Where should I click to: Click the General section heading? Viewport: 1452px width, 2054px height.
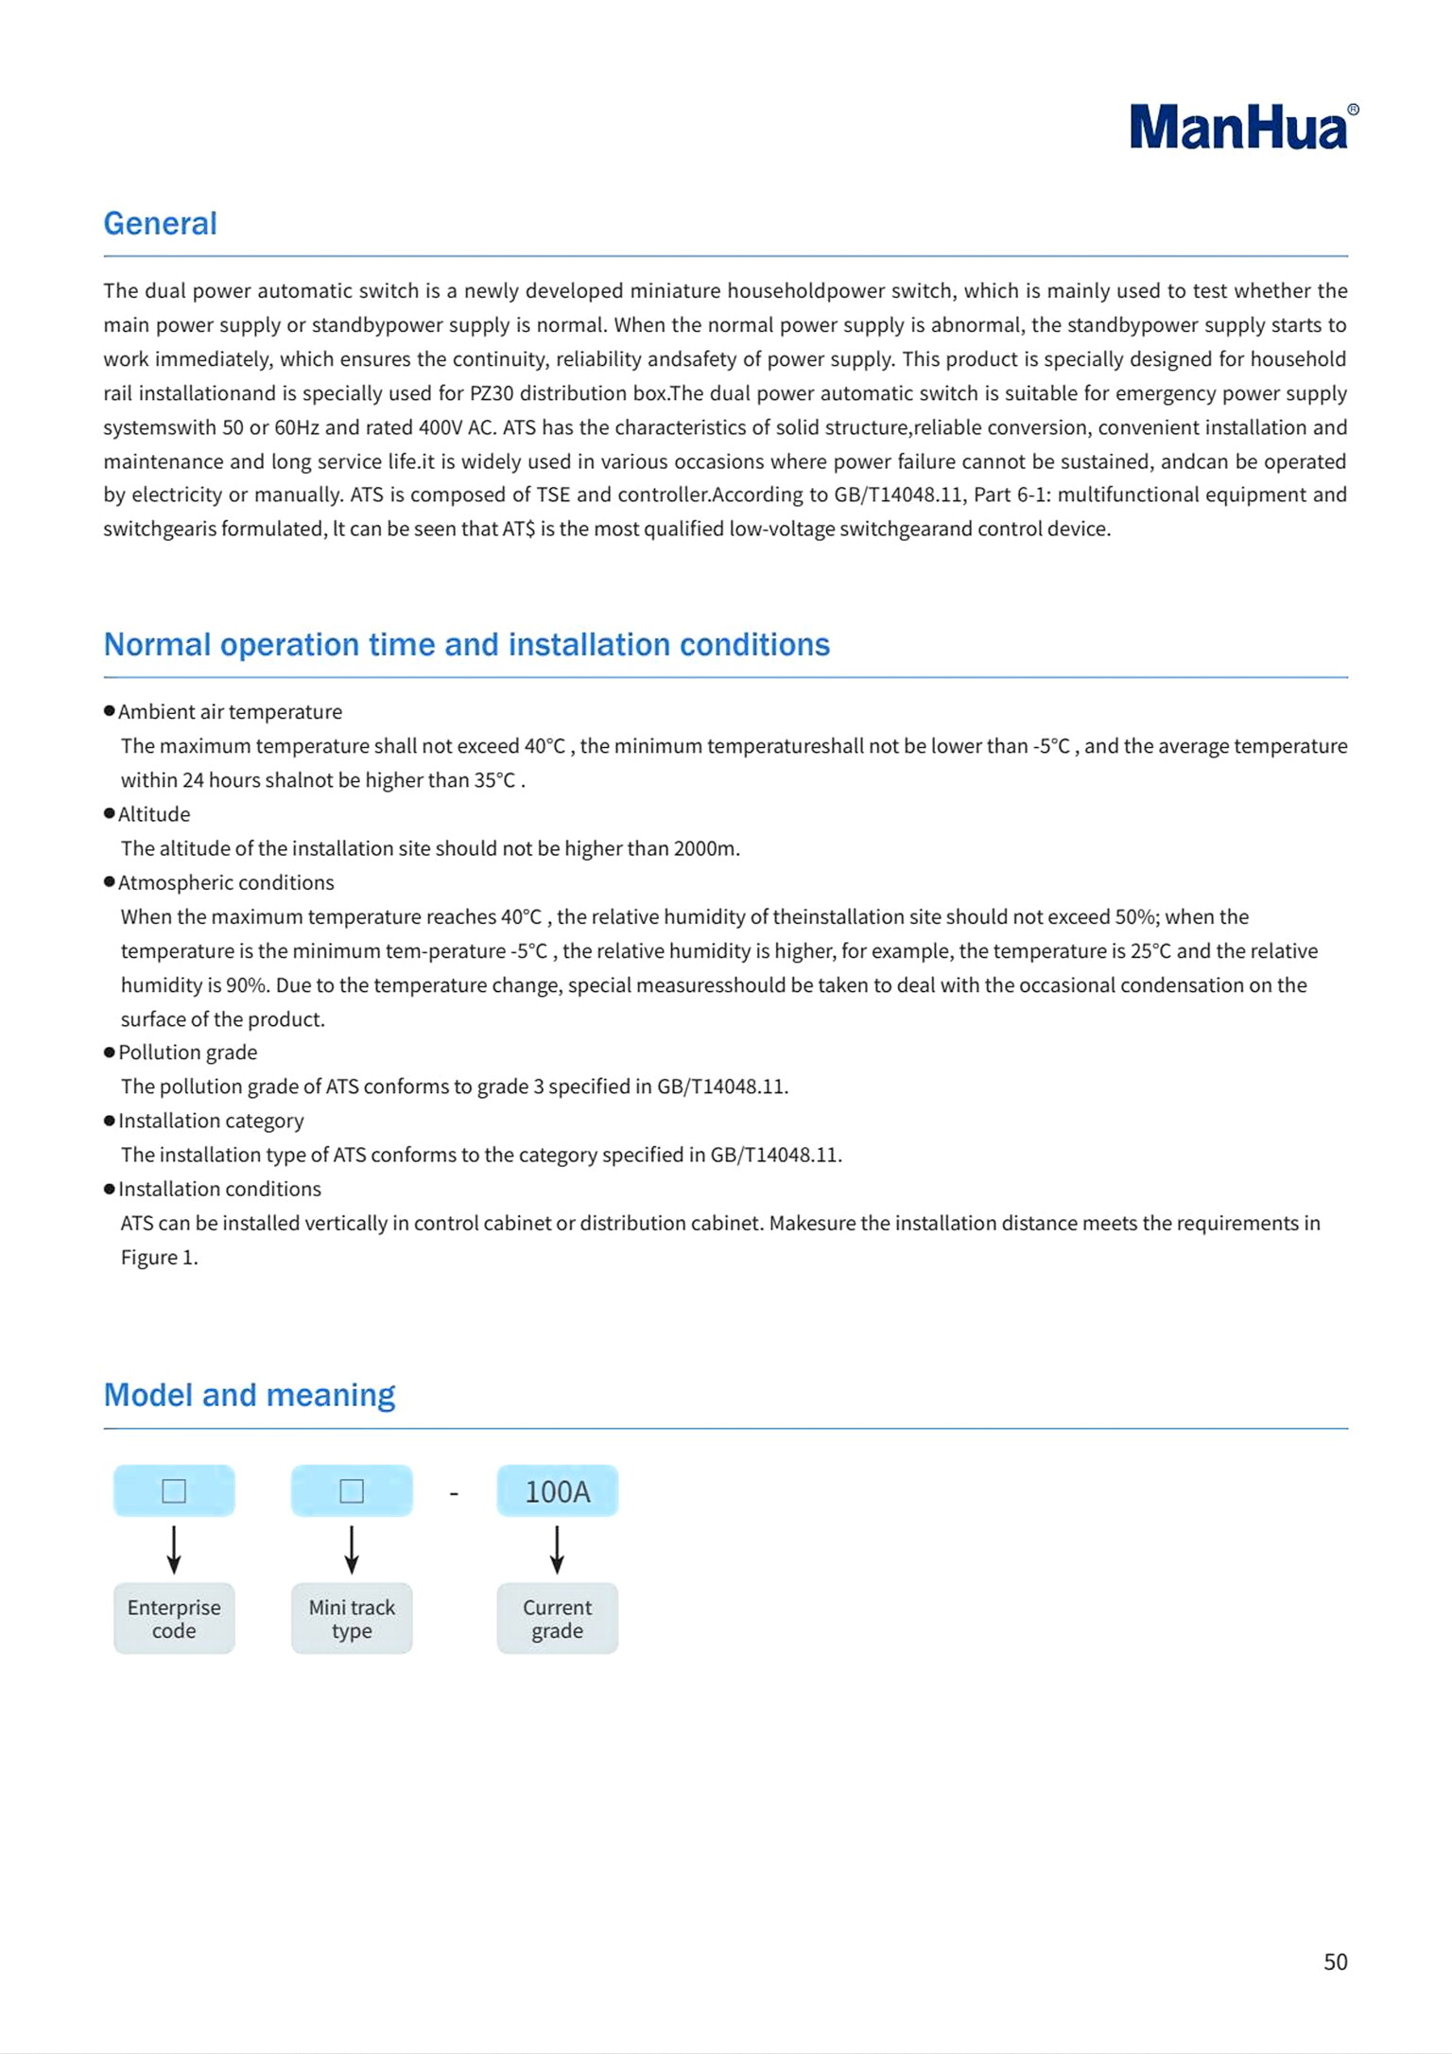160,223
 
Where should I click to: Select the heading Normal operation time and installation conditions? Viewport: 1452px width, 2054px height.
466,644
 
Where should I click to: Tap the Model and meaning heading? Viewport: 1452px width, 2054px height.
249,1395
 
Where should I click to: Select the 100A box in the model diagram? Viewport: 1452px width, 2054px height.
557,1491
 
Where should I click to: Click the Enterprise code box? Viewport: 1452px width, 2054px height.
174,1618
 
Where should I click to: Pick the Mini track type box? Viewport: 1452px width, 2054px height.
352,1618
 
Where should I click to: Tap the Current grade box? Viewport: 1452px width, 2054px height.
557,1618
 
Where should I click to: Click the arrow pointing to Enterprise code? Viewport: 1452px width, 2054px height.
174,1549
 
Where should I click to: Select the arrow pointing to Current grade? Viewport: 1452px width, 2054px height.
557,1549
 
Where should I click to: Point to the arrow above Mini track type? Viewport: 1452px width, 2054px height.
352,1549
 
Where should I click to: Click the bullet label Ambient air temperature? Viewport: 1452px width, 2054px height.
230,711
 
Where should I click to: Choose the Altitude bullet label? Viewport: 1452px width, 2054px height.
154,814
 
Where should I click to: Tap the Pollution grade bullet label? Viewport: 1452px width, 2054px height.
187,1053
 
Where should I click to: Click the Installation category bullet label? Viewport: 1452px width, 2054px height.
211,1121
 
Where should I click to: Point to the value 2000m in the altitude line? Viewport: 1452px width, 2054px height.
704,848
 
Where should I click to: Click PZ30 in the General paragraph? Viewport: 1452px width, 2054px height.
491,393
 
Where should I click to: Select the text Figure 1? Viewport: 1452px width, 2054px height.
159,1257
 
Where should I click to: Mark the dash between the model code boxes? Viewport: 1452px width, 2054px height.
454,1493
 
